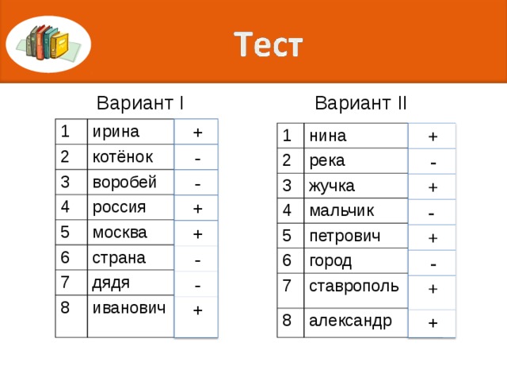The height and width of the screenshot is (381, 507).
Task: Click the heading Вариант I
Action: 140,104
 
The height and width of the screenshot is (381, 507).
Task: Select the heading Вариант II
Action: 360,104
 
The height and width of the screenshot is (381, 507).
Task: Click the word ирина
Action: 116,131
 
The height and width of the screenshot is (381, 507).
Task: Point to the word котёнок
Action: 123,156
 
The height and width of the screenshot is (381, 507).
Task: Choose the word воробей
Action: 124,181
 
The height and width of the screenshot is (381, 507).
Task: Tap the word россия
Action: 119,207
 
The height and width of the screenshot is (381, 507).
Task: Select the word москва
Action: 120,233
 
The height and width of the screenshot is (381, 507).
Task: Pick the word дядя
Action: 111,283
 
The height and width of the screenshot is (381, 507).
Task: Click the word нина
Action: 328,136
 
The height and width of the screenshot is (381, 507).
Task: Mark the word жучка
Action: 332,187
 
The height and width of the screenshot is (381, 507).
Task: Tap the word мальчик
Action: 342,211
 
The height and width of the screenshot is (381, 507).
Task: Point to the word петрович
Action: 345,237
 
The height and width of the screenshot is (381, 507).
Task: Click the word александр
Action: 350,321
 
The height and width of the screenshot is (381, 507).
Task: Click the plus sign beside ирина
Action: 197,132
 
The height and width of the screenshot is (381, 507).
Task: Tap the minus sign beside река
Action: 433,163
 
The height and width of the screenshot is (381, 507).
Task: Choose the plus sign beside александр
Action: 433,322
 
